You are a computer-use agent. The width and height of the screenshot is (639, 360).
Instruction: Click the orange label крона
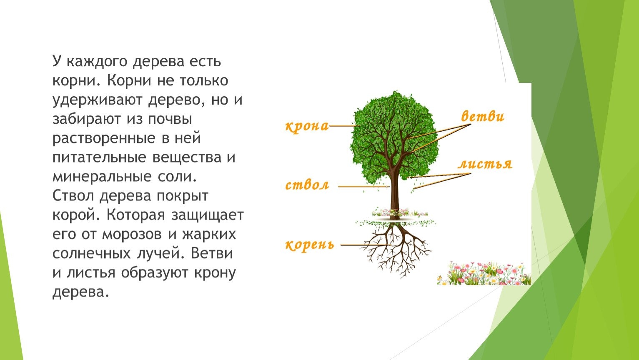[307, 126]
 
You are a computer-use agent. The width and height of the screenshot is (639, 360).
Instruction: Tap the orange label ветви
[483, 116]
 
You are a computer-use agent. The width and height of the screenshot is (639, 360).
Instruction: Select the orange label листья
[485, 164]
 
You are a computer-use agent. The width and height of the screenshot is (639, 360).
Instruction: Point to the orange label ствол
[307, 185]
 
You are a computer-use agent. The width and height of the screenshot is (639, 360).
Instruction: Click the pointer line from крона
[343, 125]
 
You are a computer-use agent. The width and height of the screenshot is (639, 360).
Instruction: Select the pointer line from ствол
[364, 187]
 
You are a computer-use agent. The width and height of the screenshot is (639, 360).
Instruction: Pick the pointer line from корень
[366, 245]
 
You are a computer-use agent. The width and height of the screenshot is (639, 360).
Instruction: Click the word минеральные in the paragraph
[102, 177]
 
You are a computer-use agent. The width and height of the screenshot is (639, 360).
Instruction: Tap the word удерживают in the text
[98, 100]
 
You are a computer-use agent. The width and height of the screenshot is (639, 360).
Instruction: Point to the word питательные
[99, 158]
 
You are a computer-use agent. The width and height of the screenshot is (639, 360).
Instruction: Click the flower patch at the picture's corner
[484, 273]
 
